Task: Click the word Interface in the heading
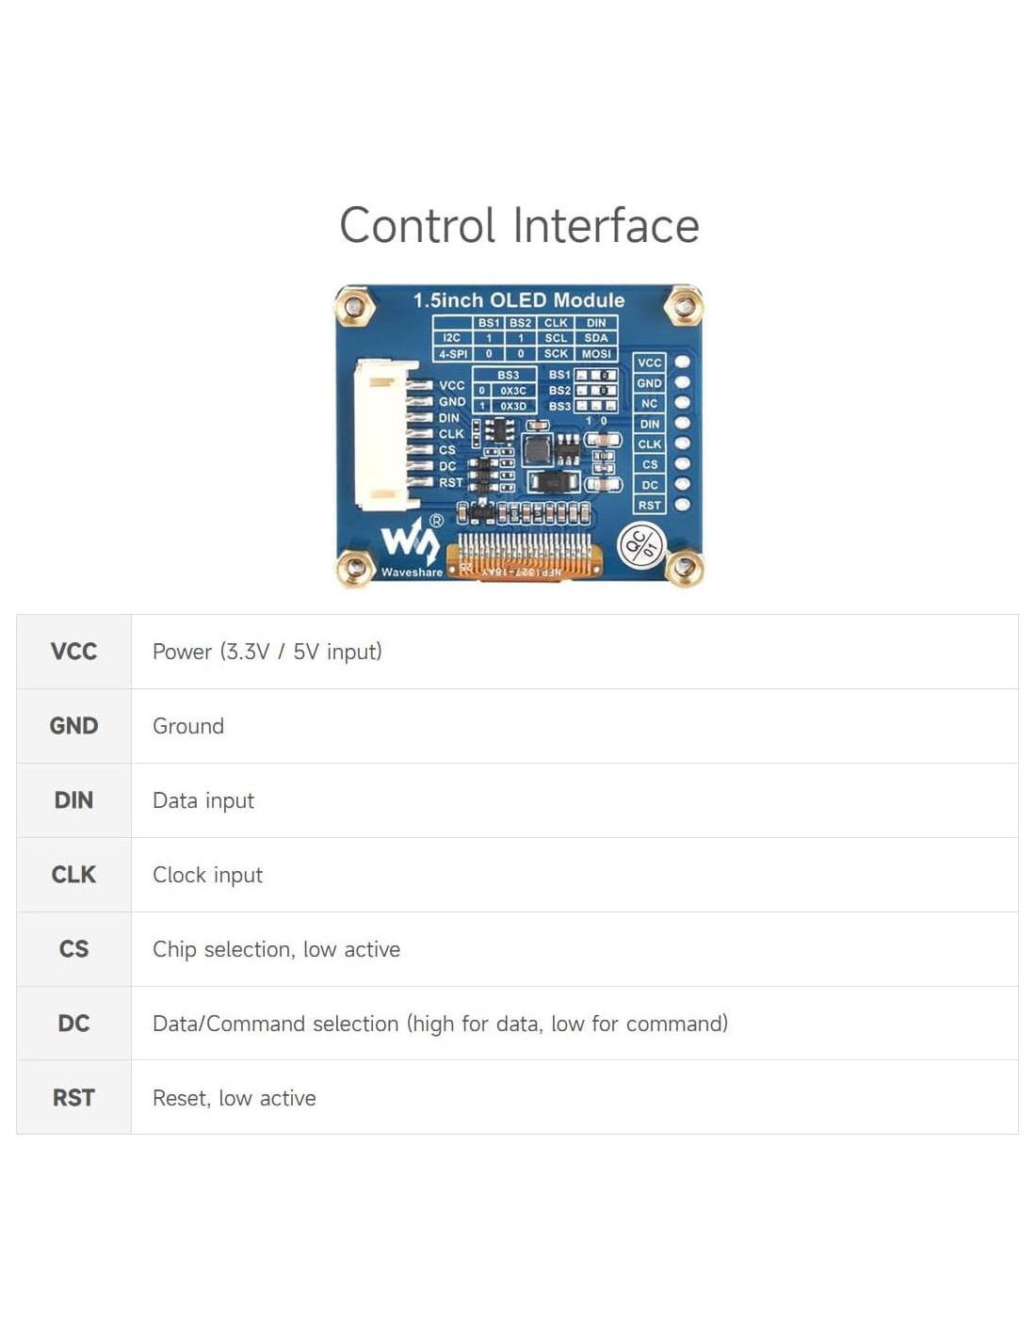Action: point(606,226)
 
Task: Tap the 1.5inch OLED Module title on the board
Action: point(518,300)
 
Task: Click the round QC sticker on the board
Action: point(641,545)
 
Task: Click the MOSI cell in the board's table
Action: point(596,354)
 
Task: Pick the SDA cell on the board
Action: point(596,338)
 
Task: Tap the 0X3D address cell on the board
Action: point(513,407)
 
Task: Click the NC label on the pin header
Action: point(649,404)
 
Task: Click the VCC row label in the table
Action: point(73,652)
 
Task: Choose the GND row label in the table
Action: point(73,726)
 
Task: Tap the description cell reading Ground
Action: point(188,726)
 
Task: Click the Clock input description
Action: point(207,875)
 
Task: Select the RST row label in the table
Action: point(73,1098)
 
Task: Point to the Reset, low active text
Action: point(234,1098)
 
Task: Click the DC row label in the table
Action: point(73,1024)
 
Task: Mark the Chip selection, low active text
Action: point(276,949)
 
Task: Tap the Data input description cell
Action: point(203,800)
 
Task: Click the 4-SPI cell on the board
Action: point(453,354)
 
